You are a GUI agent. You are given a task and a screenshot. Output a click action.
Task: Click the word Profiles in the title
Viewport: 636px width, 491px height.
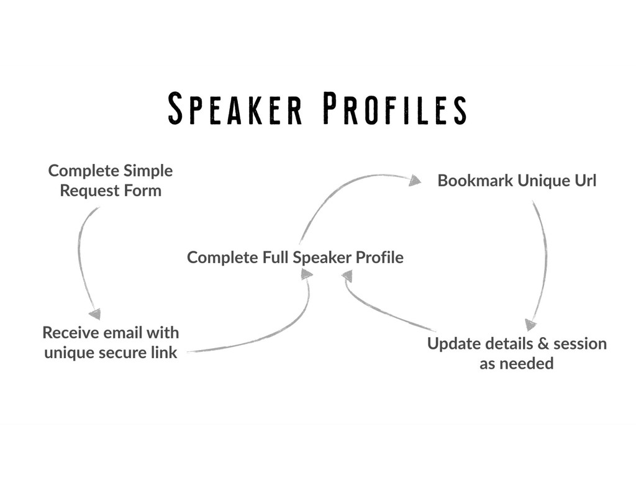tap(394, 109)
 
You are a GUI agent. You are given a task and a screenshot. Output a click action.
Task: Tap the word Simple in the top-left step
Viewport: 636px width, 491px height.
tap(148, 170)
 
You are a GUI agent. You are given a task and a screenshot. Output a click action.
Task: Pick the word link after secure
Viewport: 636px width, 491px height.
tap(165, 353)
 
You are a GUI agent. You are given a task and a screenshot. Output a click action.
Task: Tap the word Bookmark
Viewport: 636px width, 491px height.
tap(475, 181)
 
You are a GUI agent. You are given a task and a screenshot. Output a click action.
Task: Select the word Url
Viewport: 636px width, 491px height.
tap(585, 181)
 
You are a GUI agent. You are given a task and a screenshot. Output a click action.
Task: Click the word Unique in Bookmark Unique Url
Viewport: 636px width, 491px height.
tap(543, 181)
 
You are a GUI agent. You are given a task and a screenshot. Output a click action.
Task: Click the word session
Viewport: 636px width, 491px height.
tap(579, 343)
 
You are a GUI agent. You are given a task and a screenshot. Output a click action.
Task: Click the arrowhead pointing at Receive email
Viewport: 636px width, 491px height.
tap(94, 314)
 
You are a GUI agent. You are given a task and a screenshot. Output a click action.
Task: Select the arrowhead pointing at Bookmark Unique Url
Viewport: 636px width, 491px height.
tap(415, 180)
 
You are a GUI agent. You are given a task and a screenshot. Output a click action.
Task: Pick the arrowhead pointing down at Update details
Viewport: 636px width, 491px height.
tap(529, 325)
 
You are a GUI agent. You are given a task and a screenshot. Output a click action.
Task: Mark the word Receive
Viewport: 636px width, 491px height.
tap(70, 332)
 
